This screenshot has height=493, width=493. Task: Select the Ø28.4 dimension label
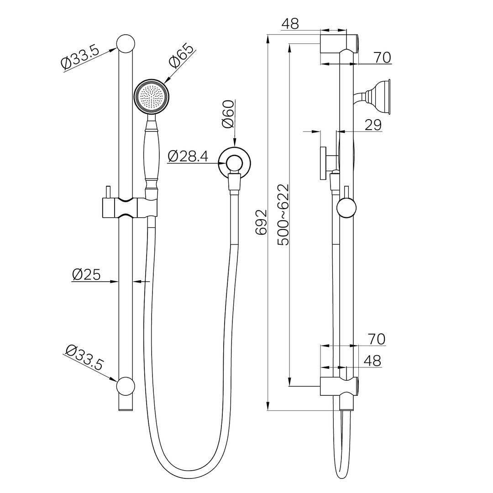click(188, 157)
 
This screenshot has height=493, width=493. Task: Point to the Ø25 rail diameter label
click(86, 274)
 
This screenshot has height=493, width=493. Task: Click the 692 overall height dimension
click(261, 222)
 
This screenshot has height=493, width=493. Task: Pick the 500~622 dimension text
click(283, 215)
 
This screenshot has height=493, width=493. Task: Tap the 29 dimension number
click(373, 125)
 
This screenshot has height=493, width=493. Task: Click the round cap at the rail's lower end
click(126, 386)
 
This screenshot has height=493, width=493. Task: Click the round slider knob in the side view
click(346, 209)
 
